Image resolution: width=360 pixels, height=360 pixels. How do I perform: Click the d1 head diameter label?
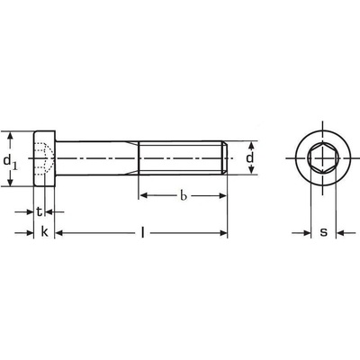pos(10,162)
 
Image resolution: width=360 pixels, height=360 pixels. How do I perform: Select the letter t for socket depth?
pos(40,211)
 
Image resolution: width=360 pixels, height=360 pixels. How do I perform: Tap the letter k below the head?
pos(44,232)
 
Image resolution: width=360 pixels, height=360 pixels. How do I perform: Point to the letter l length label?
pos(143,232)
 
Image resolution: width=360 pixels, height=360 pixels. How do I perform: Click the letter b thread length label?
pos(184,195)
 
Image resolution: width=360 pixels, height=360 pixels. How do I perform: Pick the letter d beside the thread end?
pos(249,157)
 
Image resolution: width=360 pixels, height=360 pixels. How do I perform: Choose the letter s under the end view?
pos(323,232)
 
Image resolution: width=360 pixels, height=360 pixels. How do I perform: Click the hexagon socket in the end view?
pos(323,157)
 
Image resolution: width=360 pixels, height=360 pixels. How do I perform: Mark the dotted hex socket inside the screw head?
pos(43,157)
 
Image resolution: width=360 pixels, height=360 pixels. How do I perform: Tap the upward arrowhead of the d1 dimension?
pos(10,136)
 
